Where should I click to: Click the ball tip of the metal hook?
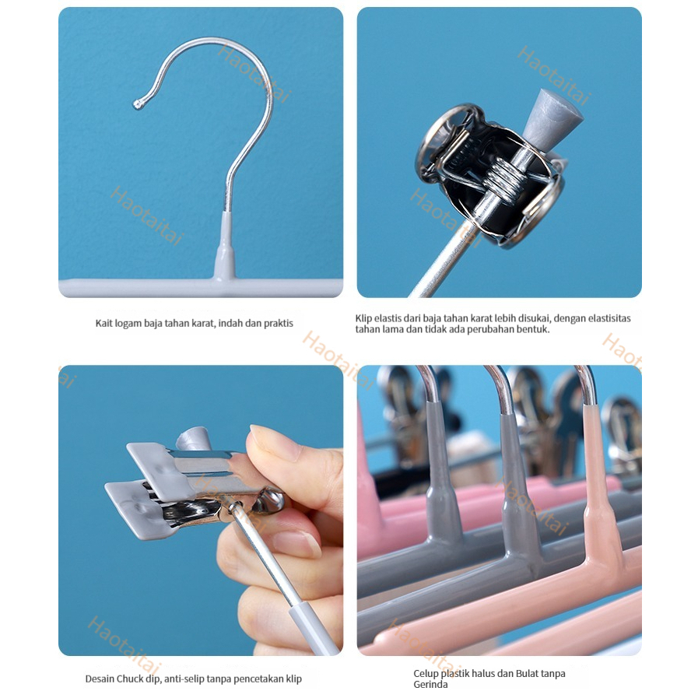[x=138, y=104]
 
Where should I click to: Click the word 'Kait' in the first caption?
[x=103, y=323]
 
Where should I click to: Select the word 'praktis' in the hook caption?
[x=279, y=324]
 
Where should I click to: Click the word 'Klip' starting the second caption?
[x=363, y=318]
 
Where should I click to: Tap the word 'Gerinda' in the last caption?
[x=430, y=685]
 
